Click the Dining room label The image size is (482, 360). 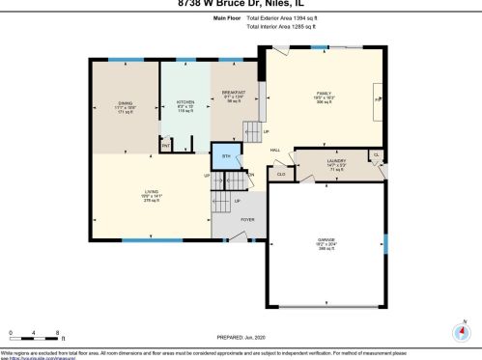[x=126, y=106]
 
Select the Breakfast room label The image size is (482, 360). [x=235, y=97]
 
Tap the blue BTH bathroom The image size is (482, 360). [x=226, y=155]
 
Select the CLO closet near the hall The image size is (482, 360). [x=281, y=174]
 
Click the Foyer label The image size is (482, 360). [x=247, y=220]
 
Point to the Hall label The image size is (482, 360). [x=275, y=150]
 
